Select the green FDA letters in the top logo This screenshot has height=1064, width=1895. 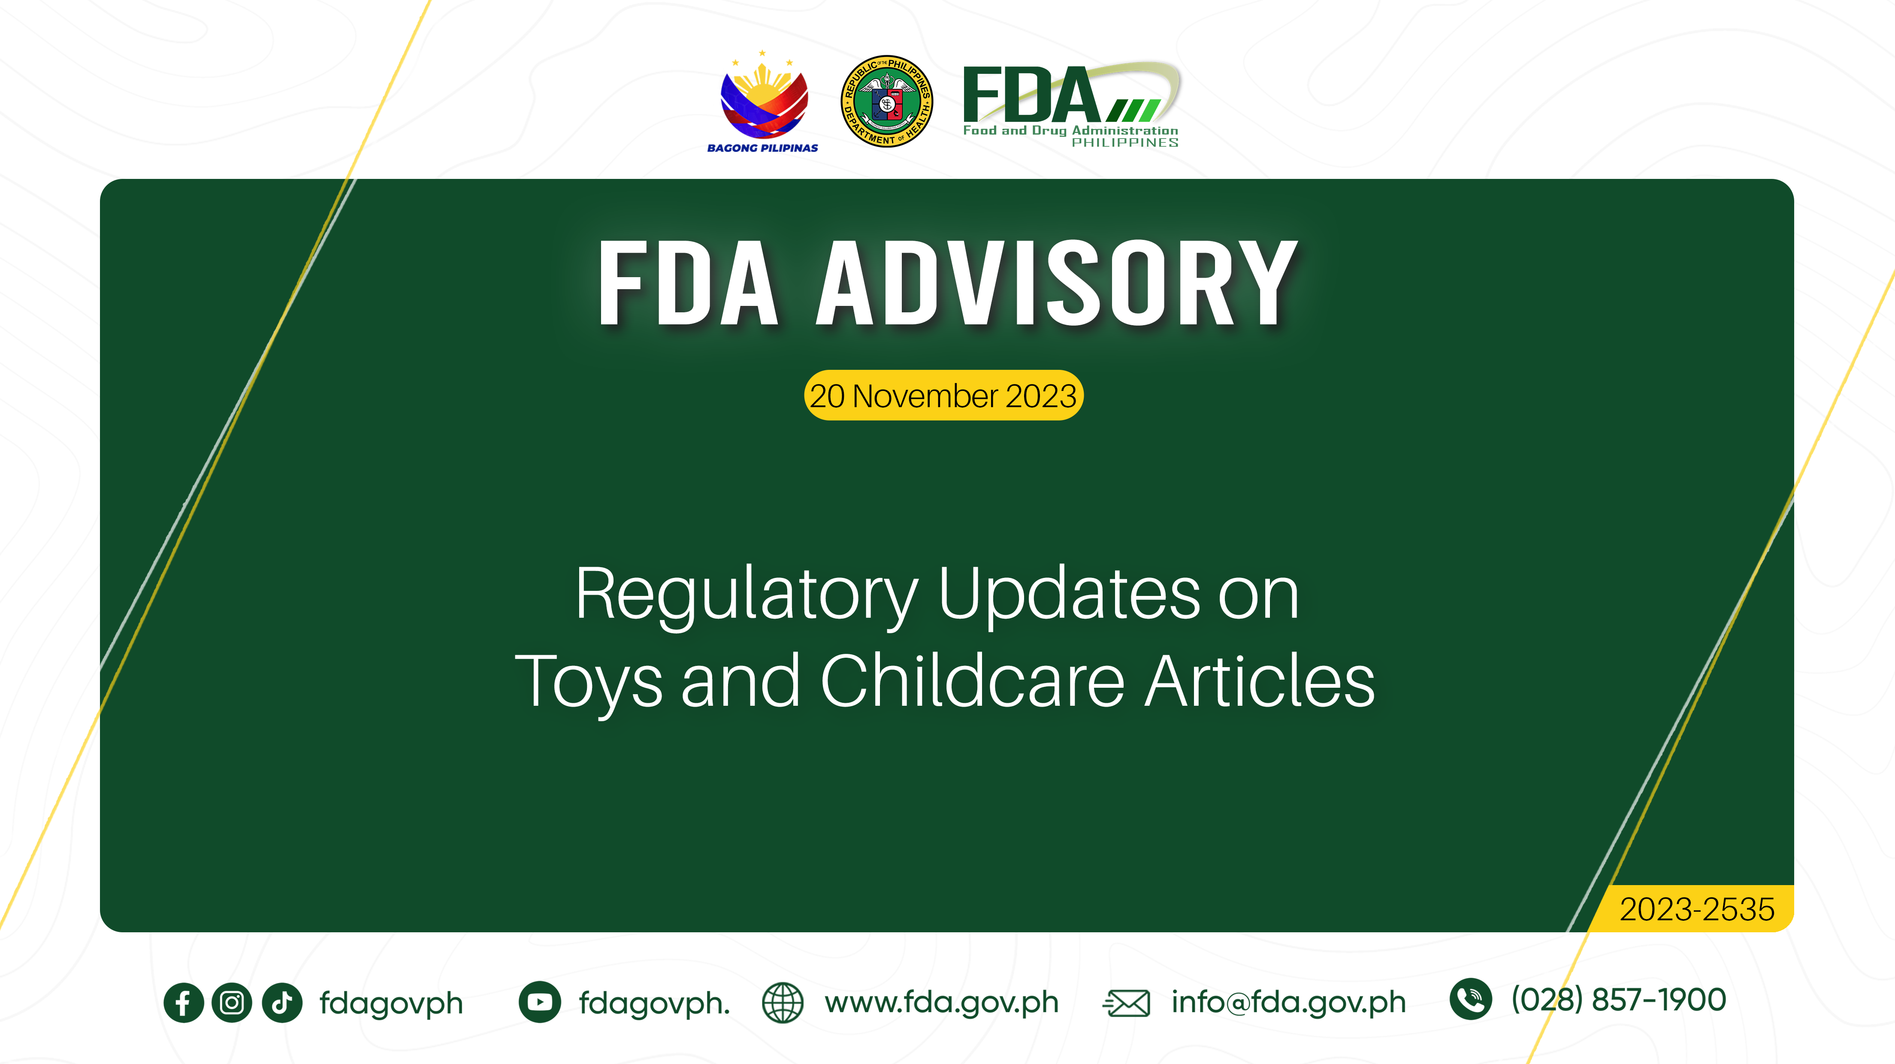(x=1030, y=96)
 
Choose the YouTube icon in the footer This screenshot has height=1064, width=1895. (x=539, y=1002)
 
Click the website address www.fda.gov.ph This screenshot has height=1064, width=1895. (x=941, y=1002)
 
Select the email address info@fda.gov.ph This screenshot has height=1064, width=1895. (x=1288, y=1002)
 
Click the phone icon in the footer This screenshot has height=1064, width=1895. (x=1470, y=999)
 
